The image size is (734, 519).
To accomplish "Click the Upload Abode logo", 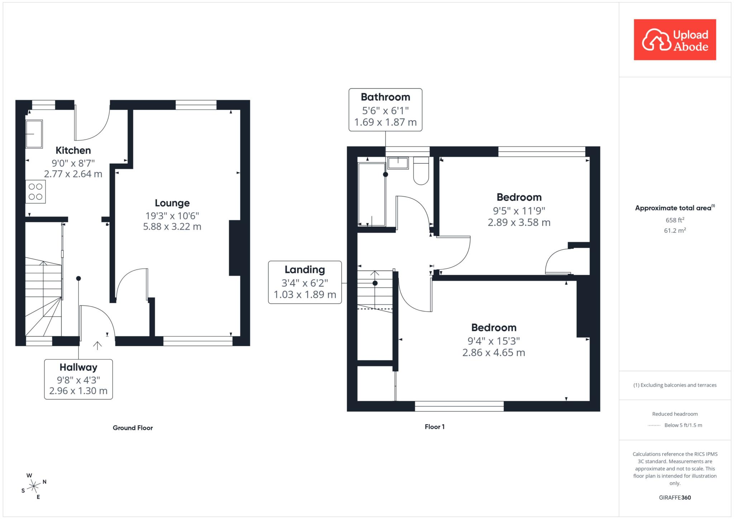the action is (675, 40).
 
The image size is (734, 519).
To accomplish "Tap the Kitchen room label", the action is (73, 150).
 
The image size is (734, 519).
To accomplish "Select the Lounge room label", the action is (172, 203).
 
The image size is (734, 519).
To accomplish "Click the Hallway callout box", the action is (78, 379).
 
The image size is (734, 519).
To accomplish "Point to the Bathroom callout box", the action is (385, 110).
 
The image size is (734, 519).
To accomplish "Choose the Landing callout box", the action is (305, 283).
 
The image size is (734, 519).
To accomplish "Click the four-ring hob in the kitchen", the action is (35, 192).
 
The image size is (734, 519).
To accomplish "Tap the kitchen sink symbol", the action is (34, 134).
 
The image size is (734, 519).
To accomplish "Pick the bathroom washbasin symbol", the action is (398, 163).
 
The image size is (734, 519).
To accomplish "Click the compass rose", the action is (34, 486).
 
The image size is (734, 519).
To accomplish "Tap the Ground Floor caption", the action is (133, 428).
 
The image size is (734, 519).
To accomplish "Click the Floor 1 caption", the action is (434, 427).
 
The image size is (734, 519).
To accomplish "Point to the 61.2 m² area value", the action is (675, 230).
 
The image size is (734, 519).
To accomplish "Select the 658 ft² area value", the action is (675, 220).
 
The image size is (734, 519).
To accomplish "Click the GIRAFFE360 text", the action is (675, 498).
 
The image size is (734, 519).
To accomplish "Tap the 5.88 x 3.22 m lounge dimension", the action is (172, 227).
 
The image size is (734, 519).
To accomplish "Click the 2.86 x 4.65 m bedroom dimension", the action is (494, 353).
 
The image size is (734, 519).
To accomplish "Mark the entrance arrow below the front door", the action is (97, 345).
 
